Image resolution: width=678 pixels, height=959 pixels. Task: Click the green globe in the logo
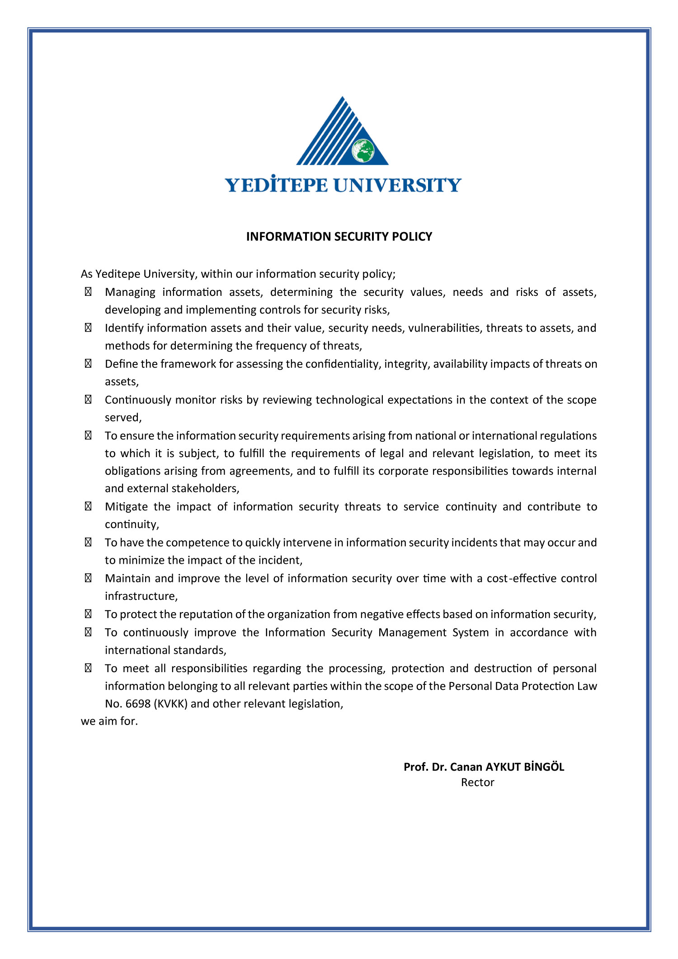[x=363, y=151]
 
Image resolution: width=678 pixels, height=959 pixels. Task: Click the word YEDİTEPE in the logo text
[x=276, y=185]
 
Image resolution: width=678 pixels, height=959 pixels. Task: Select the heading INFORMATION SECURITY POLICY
[x=339, y=237]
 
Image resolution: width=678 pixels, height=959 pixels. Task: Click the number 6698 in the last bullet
[x=138, y=704]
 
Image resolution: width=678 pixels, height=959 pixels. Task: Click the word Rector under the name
[x=477, y=782]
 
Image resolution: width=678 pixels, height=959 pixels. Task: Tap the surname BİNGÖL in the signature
[x=544, y=767]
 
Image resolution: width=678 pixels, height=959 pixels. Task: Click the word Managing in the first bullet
[x=130, y=292]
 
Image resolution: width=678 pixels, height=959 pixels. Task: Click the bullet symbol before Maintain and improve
[x=88, y=578]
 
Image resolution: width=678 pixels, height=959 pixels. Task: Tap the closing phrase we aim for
[x=109, y=721]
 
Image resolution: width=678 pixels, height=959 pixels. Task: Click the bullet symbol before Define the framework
[x=88, y=364]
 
